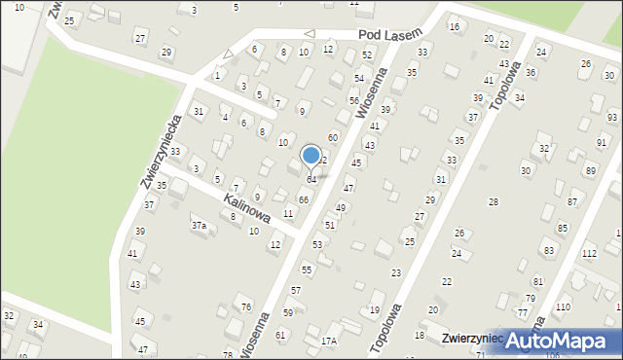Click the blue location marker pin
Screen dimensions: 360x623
(x=311, y=156)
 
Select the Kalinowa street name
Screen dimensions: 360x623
(x=244, y=206)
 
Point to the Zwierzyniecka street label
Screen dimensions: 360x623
(x=161, y=150)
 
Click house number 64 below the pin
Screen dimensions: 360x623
(x=311, y=180)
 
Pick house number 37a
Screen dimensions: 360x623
(x=199, y=226)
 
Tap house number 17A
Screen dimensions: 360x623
(x=329, y=341)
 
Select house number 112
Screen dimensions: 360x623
(x=589, y=254)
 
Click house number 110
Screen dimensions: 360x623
(x=564, y=307)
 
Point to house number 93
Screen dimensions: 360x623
(x=611, y=117)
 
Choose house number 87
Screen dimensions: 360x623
(x=572, y=201)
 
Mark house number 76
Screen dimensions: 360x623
(x=246, y=307)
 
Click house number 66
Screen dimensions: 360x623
(x=304, y=199)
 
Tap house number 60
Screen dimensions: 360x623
(x=333, y=138)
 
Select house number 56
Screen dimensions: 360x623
(x=354, y=101)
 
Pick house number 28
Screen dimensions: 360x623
(x=493, y=201)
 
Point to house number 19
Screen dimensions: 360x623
(x=375, y=310)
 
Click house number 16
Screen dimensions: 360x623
(x=455, y=27)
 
